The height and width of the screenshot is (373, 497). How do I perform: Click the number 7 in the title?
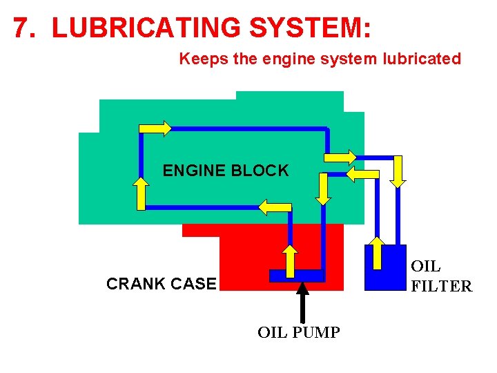22,27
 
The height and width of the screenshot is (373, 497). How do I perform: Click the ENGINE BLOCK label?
226,171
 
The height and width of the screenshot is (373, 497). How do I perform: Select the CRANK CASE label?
161,284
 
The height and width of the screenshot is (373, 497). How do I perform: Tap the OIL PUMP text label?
298,333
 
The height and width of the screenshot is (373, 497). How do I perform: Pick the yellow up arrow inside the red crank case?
291,259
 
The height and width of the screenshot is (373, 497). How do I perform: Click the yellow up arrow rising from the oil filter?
377,252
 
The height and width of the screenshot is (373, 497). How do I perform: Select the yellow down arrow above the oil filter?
398,171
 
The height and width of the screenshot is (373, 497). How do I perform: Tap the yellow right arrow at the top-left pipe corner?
155,128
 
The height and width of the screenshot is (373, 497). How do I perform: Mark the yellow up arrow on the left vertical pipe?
141,193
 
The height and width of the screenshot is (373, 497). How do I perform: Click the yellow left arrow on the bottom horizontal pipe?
275,206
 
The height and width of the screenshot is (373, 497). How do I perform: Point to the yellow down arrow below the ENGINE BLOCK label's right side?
323,189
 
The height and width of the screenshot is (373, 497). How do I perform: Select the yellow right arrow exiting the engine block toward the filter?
340,156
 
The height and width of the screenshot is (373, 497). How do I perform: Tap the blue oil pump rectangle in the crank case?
297,276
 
